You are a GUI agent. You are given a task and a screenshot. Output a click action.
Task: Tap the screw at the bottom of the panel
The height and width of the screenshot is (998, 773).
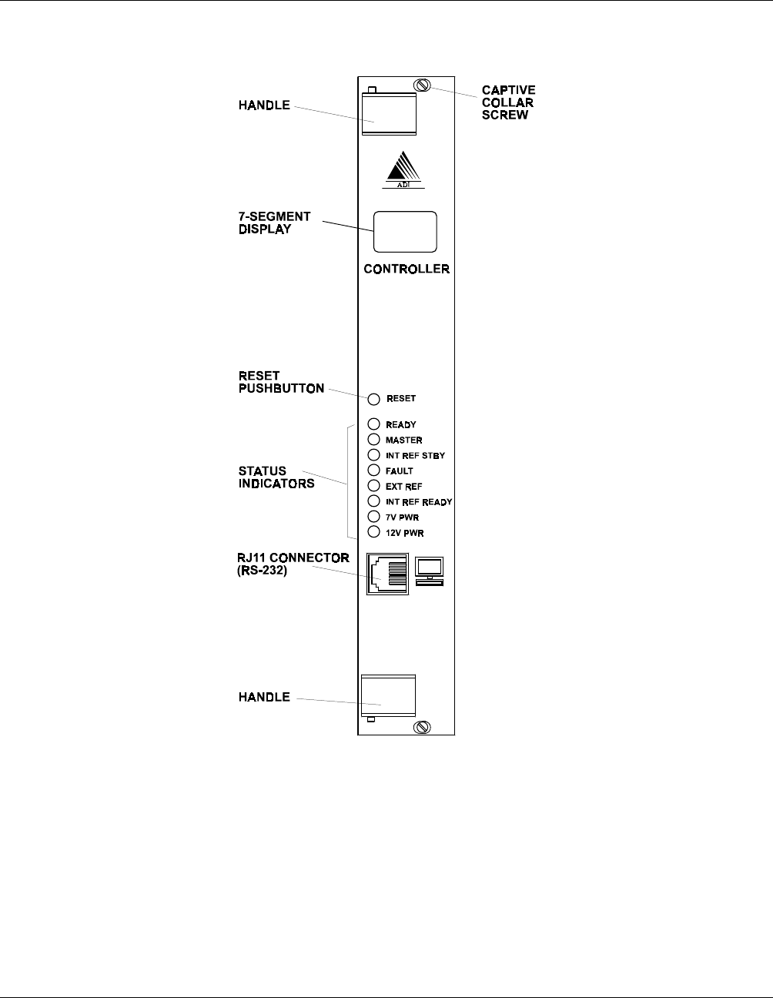(x=422, y=728)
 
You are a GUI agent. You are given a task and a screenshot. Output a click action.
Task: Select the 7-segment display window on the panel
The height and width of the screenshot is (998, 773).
(x=405, y=231)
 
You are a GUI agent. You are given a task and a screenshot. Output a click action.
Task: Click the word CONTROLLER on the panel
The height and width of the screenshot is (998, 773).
(x=407, y=270)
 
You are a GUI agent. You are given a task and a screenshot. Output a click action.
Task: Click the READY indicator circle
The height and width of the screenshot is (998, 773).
(x=374, y=424)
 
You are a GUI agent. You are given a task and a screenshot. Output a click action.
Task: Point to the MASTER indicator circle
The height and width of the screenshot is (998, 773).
(x=374, y=439)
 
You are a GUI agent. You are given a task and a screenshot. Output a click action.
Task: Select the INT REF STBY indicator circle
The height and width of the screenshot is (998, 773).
(x=374, y=454)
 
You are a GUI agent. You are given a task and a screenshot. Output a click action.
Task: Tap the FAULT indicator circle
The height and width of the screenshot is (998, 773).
(x=374, y=470)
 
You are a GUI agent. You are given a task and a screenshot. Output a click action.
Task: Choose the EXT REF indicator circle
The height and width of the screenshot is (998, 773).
(x=374, y=485)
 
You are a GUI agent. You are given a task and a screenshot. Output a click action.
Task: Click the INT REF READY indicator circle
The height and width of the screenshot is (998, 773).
(x=374, y=501)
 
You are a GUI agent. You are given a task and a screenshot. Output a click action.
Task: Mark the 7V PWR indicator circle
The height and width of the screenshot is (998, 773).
(x=374, y=516)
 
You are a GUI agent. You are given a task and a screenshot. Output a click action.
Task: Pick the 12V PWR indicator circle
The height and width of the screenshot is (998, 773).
(x=374, y=532)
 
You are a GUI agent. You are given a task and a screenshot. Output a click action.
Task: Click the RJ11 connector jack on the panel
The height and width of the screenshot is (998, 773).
(x=387, y=573)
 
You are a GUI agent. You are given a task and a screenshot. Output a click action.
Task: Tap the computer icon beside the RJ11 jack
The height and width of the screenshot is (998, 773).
(x=429, y=571)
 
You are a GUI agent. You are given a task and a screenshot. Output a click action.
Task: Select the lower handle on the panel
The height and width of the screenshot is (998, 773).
(x=388, y=695)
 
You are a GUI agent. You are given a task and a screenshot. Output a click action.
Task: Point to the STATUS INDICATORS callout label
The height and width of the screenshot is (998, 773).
(x=276, y=477)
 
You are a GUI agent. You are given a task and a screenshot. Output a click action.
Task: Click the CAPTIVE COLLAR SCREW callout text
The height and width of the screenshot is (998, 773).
(x=508, y=102)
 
